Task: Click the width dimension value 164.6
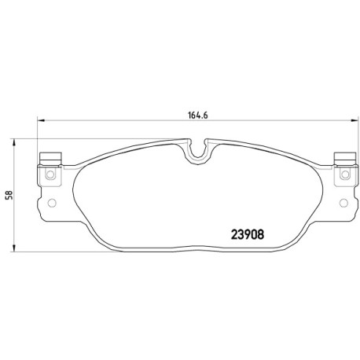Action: point(198,116)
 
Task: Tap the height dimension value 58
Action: point(10,195)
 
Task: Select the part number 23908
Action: point(247,234)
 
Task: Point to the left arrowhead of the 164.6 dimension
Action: point(42,120)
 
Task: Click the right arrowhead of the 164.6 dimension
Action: point(354,120)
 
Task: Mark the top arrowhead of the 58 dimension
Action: point(14,143)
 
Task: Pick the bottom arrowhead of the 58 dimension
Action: point(14,248)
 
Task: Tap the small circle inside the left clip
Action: point(50,174)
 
